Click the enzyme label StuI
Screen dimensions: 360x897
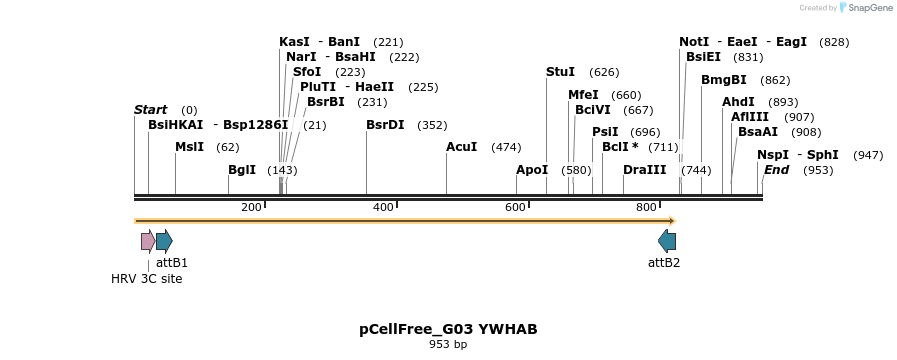pyautogui.click(x=560, y=72)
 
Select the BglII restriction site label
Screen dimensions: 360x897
pyautogui.click(x=242, y=170)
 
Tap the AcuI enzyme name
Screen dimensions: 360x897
pyautogui.click(x=461, y=147)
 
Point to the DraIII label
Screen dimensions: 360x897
pyautogui.click(x=644, y=170)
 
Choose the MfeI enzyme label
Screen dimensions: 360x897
pyautogui.click(x=583, y=95)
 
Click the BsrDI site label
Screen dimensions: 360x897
pyautogui.click(x=385, y=125)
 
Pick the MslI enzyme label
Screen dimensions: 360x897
pyautogui.click(x=189, y=147)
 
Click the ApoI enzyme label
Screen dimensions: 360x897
pyautogui.click(x=532, y=170)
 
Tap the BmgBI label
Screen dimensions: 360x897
pyautogui.click(x=723, y=80)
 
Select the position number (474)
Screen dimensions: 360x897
pyautogui.click(x=506, y=148)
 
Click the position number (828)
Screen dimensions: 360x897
pyautogui.click(x=833, y=42)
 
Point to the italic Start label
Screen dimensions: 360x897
pyautogui.click(x=150, y=109)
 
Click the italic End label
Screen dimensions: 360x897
pyautogui.click(x=776, y=170)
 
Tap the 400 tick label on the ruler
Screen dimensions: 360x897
pyautogui.click(x=383, y=207)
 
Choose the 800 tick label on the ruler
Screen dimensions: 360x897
pyautogui.click(x=646, y=207)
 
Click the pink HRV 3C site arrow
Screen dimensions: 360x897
pyautogui.click(x=148, y=241)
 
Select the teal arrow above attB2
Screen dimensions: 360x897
pyautogui.click(x=666, y=241)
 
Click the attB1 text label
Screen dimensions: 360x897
pyautogui.click(x=171, y=263)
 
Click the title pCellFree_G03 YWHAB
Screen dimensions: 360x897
pyautogui.click(x=448, y=329)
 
